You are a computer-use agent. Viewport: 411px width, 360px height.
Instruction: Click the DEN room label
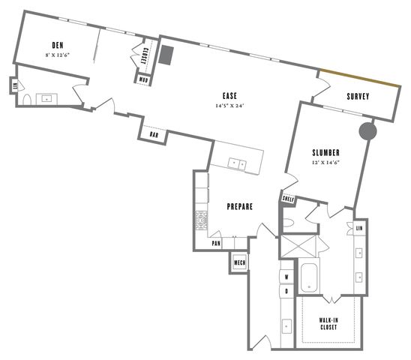point(56,45)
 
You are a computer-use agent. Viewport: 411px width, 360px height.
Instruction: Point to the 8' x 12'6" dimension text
point(56,55)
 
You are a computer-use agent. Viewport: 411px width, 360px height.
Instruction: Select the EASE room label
point(229,95)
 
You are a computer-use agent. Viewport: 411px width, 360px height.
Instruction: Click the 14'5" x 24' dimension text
point(229,106)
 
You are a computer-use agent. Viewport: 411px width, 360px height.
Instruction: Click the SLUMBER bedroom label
point(327,152)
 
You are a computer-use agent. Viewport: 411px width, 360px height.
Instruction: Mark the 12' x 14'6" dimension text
point(327,163)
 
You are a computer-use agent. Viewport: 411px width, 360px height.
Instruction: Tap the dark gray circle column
point(367,131)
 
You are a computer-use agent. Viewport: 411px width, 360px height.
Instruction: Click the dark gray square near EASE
point(166,56)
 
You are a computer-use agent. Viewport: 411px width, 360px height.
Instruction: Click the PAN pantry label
point(216,243)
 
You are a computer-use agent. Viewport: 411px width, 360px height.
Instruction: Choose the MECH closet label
point(239,262)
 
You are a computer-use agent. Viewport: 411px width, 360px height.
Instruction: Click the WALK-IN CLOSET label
point(326,322)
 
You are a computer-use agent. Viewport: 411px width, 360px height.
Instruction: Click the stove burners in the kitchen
point(201,220)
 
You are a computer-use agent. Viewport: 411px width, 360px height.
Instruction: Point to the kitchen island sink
point(238,163)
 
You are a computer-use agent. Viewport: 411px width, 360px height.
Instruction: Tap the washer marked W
point(286,276)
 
